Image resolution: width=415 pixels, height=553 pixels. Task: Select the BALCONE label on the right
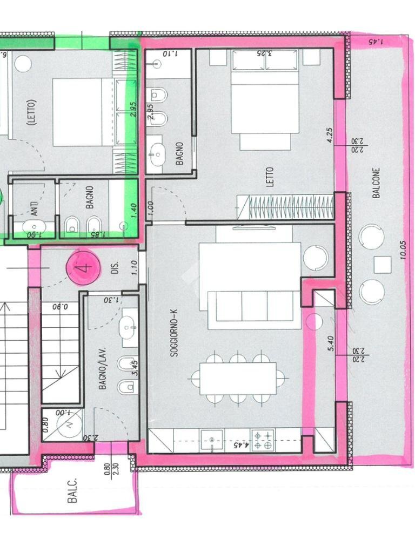[x=377, y=183]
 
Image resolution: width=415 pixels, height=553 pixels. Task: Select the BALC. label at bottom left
[x=73, y=490]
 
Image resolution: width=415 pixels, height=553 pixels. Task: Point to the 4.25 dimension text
[x=329, y=134]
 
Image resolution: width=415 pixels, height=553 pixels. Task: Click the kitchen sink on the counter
[x=211, y=440]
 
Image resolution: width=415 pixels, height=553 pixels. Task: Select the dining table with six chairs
[x=238, y=378]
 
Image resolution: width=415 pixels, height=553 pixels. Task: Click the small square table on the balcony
[x=383, y=265]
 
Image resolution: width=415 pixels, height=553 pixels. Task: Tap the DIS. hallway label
[x=115, y=268]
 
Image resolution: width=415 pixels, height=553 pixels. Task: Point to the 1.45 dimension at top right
[x=374, y=41]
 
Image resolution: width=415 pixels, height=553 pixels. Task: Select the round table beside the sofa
[x=316, y=258]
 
